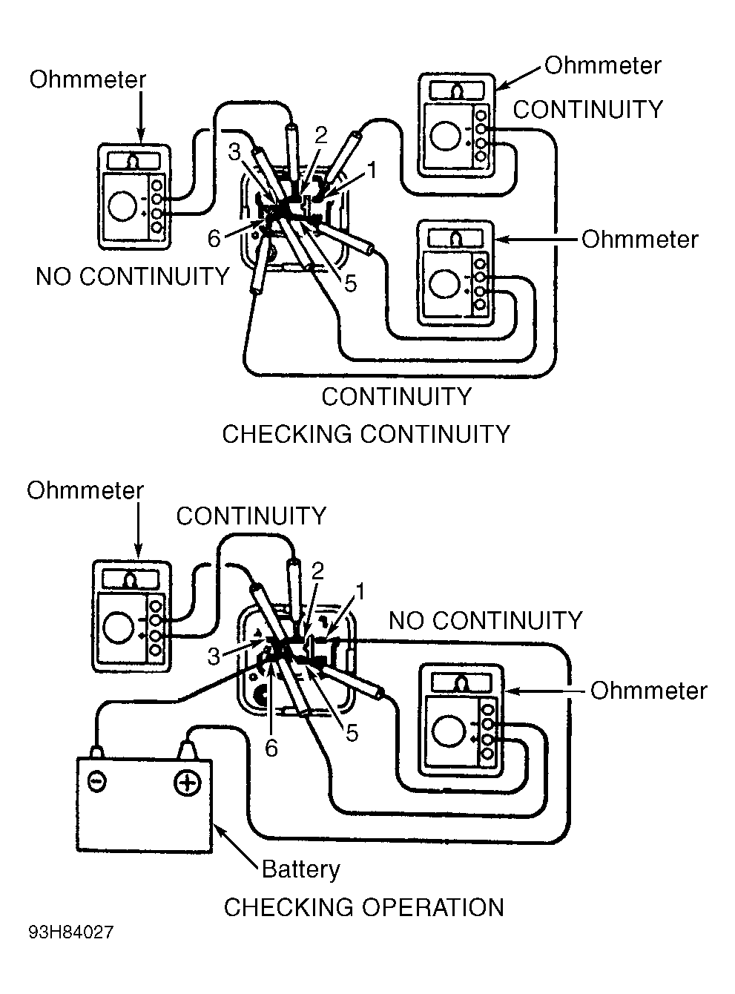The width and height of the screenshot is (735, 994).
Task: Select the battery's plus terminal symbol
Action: [187, 783]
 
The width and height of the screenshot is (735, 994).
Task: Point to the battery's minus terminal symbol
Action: [96, 782]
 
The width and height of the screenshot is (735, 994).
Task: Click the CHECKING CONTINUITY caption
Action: [366, 434]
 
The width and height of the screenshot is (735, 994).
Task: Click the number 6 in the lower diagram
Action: [271, 748]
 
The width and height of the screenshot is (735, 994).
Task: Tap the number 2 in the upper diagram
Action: [321, 135]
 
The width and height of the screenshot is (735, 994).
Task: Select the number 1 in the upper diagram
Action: [372, 171]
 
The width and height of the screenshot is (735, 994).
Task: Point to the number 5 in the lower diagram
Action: [352, 733]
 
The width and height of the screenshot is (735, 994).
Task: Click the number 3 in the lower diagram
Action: [214, 657]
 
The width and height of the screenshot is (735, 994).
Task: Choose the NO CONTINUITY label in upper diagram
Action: [133, 276]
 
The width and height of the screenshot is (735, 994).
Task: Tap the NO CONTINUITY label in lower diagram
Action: [485, 620]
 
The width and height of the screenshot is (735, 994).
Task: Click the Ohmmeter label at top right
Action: [603, 65]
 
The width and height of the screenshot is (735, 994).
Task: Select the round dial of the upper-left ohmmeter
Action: [122, 206]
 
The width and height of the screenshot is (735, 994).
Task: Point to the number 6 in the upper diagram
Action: [214, 238]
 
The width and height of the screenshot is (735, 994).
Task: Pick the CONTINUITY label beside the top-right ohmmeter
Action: [588, 109]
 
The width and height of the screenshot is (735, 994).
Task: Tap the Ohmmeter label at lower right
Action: [648, 691]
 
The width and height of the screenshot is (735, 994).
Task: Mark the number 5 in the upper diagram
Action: [350, 283]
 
